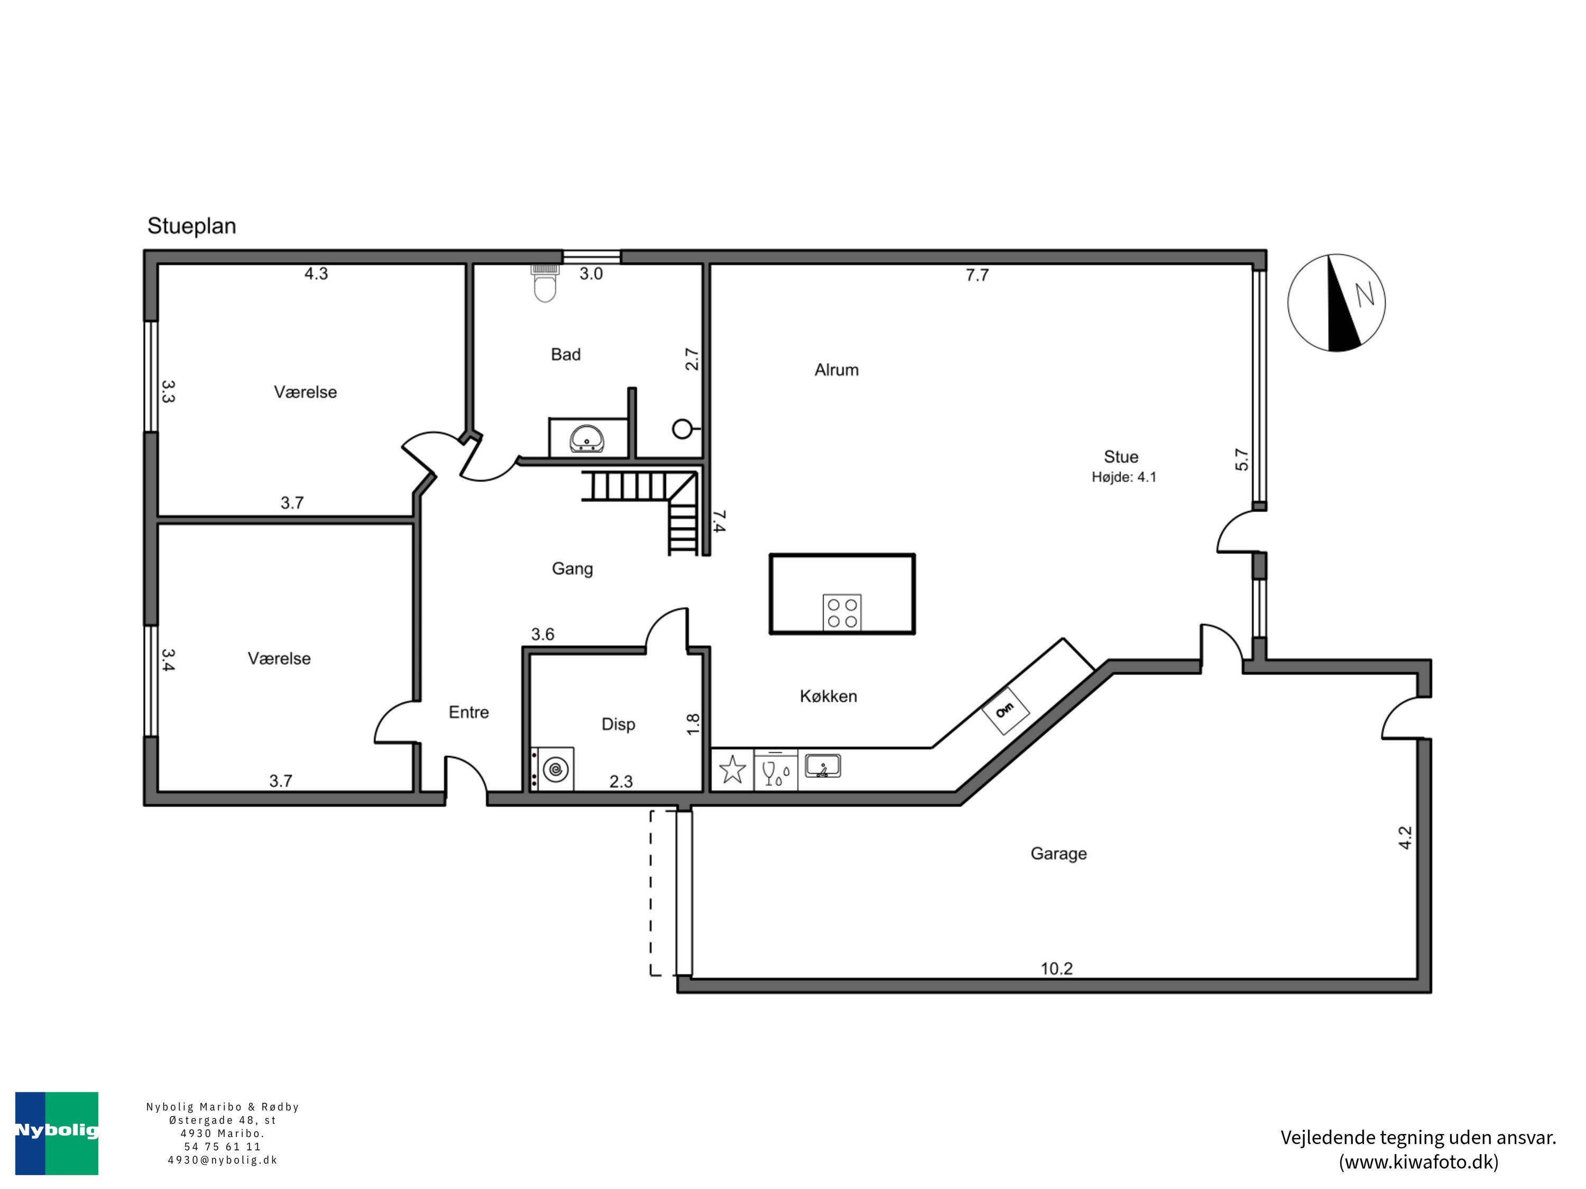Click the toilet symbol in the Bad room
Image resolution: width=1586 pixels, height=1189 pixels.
545,283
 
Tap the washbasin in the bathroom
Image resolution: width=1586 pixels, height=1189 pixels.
587,439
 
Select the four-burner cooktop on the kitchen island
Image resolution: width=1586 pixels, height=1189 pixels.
842,613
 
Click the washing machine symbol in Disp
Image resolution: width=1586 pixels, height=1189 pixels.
553,770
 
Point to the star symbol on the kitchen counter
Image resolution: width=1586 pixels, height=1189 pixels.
732,770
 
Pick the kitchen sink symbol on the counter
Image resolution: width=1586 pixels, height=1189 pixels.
823,766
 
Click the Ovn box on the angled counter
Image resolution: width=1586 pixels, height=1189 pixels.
1004,710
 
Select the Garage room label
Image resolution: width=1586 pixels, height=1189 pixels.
1058,853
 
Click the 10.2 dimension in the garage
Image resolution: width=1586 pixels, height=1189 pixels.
1056,969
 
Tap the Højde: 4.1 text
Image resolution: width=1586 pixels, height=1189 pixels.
1123,477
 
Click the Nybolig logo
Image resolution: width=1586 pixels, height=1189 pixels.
57,1133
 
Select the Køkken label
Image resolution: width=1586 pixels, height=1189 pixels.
828,696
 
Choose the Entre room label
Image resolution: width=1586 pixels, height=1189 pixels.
468,712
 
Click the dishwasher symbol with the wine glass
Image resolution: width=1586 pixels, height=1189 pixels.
776,770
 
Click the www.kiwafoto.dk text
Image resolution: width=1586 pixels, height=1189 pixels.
1418,1162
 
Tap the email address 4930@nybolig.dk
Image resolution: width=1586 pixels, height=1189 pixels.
222,1160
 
